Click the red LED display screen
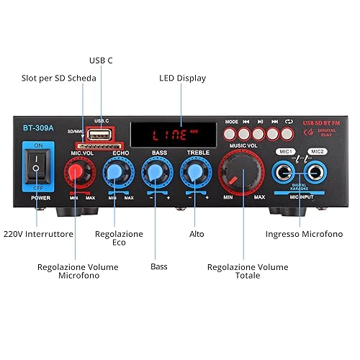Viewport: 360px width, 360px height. [x=174, y=135]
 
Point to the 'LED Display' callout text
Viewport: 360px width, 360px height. [x=182, y=78]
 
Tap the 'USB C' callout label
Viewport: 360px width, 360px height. [x=101, y=60]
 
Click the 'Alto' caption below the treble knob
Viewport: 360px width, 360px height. [x=197, y=234]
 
